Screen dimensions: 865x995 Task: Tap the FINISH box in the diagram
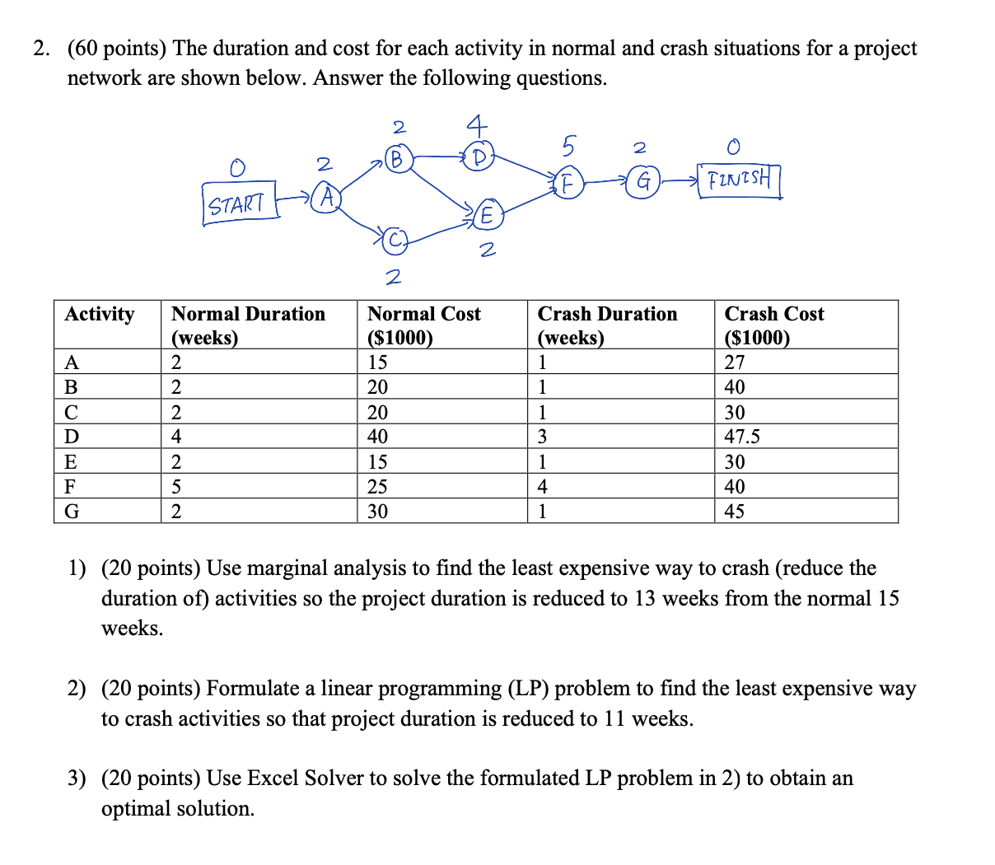pyautogui.click(x=739, y=180)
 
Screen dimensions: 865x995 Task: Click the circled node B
pyautogui.click(x=397, y=159)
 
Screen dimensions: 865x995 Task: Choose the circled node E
pyautogui.click(x=487, y=216)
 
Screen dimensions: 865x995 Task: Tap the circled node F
pyautogui.click(x=568, y=184)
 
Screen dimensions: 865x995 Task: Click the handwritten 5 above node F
pyautogui.click(x=568, y=147)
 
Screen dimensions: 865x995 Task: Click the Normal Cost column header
pyautogui.click(x=423, y=325)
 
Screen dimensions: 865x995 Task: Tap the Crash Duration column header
pyautogui.click(x=607, y=325)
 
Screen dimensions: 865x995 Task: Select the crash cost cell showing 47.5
pyautogui.click(x=742, y=437)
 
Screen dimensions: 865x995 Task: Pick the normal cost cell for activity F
pyautogui.click(x=377, y=486)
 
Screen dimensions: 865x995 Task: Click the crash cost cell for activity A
pyautogui.click(x=735, y=362)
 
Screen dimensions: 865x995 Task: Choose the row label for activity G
pyautogui.click(x=72, y=512)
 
